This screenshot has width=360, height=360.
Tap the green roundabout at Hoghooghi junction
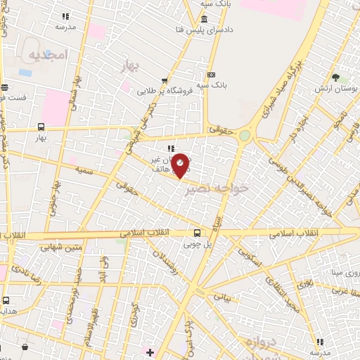[x=245, y=135]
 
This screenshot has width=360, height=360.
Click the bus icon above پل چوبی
[x=198, y=232]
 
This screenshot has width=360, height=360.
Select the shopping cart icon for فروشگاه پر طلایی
[x=165, y=80]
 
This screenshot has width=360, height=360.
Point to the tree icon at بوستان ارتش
[x=335, y=77]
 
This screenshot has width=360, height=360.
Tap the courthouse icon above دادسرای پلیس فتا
[x=204, y=19]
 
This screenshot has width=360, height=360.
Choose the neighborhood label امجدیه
[x=48, y=54]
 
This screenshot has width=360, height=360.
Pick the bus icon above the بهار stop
[x=41, y=127]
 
